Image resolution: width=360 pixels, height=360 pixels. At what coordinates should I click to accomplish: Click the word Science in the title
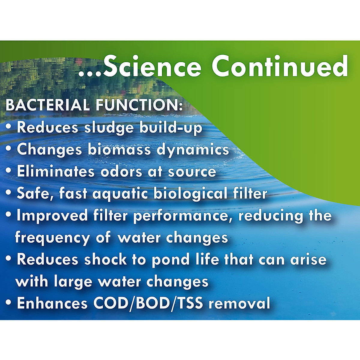[152, 66]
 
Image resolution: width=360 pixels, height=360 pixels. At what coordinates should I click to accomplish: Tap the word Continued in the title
[280, 66]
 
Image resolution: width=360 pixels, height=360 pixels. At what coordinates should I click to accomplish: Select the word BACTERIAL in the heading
[48, 105]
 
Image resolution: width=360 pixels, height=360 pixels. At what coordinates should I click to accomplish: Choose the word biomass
[119, 149]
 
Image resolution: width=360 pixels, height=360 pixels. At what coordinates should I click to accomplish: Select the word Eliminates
[56, 171]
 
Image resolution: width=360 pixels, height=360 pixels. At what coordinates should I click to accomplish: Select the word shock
[105, 260]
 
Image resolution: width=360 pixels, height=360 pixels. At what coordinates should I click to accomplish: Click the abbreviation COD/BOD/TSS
[148, 303]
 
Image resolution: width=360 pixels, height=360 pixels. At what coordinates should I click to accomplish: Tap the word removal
[239, 303]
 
